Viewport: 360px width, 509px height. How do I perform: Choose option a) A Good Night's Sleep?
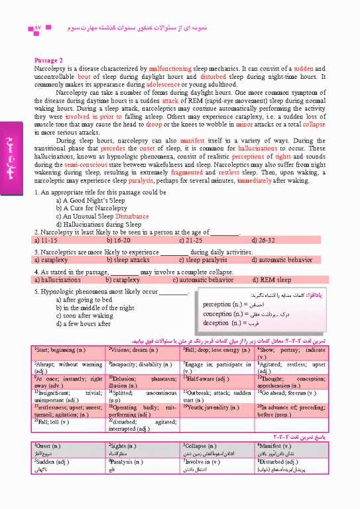[x=91, y=200]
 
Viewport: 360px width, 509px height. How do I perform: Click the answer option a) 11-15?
[x=47, y=241]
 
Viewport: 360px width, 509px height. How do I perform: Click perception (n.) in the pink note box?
[x=226, y=304]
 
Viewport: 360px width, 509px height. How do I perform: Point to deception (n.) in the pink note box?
[x=225, y=323]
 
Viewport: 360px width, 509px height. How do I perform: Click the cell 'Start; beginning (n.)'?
[x=61, y=349]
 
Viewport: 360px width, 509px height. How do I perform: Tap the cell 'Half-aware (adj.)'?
[x=207, y=378]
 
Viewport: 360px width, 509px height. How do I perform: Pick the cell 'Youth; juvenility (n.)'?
[x=211, y=406]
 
